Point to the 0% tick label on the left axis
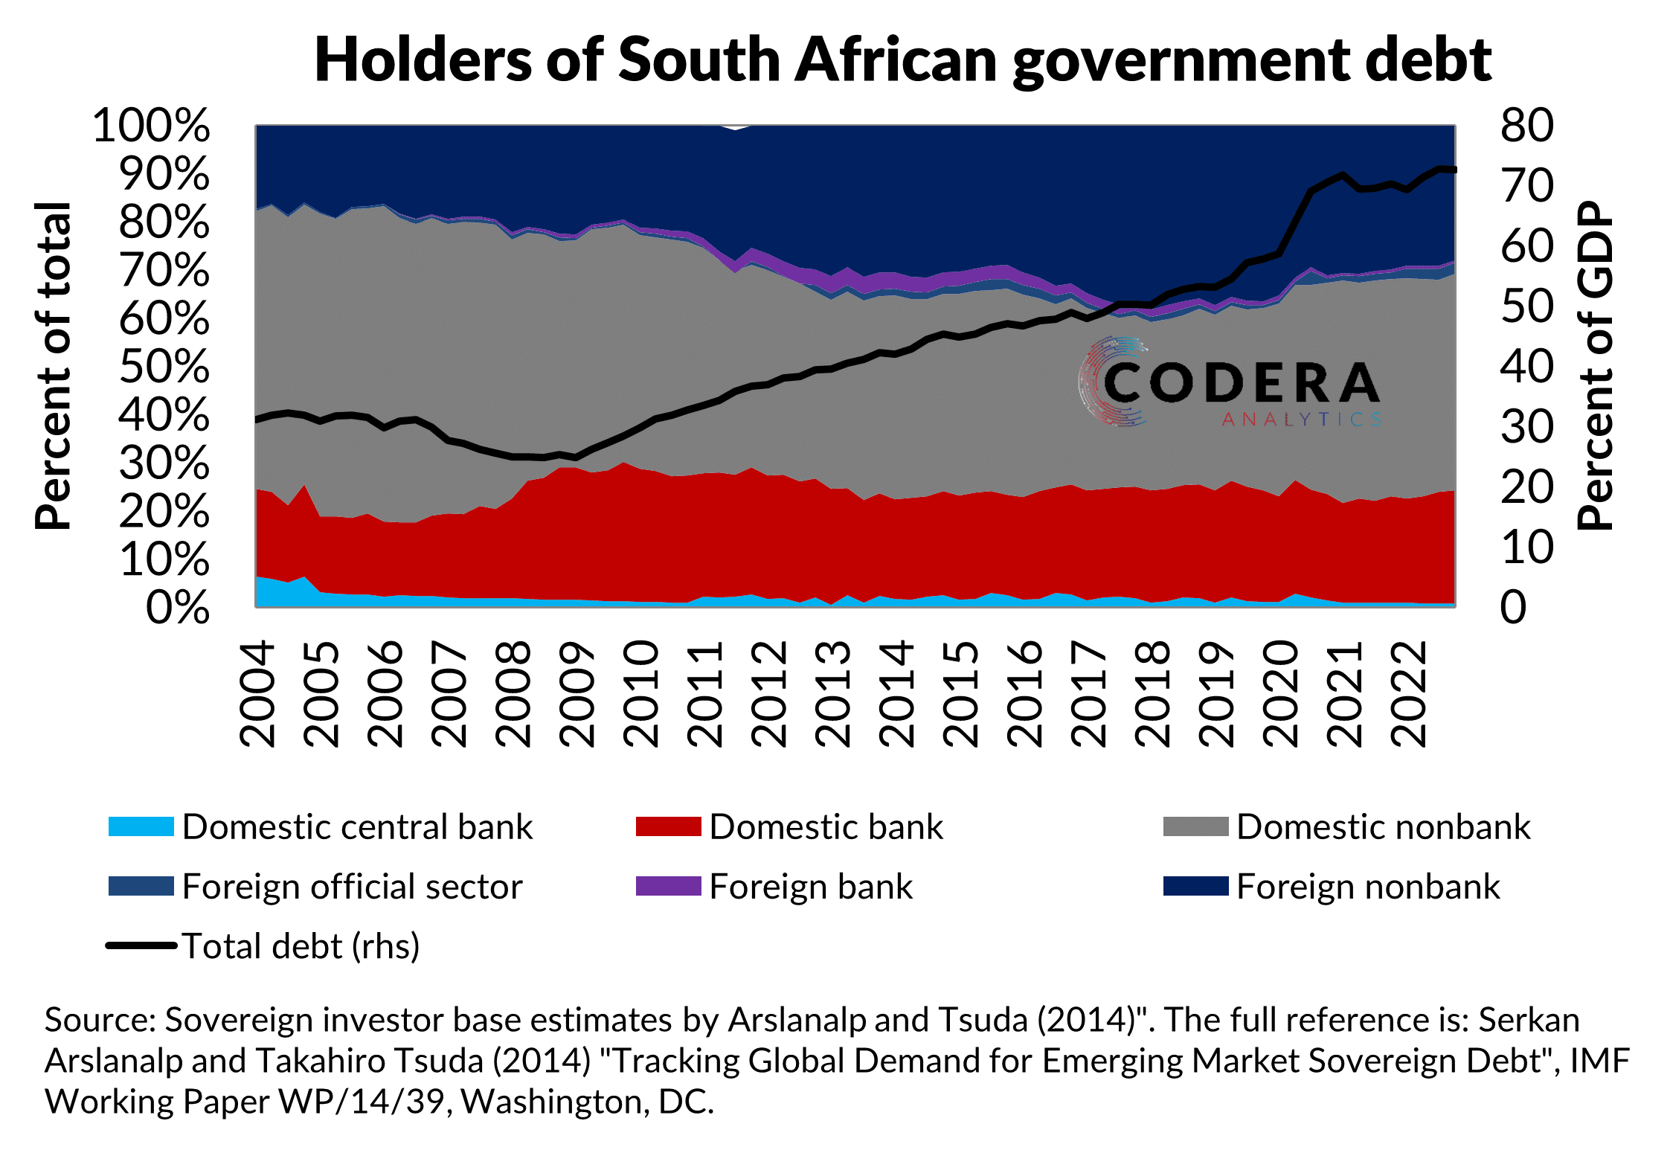click(x=177, y=607)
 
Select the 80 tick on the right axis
click(x=1526, y=125)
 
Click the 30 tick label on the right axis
click(x=1526, y=427)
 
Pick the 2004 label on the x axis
click(x=257, y=694)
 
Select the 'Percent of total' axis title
click(x=54, y=366)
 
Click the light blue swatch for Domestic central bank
click(x=141, y=826)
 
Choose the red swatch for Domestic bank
click(x=668, y=826)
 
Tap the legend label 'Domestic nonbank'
click(x=1383, y=827)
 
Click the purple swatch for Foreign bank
click(x=668, y=886)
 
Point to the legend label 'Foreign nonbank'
click(x=1367, y=887)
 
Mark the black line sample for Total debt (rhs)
click(x=141, y=946)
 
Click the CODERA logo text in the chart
click(x=1241, y=383)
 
